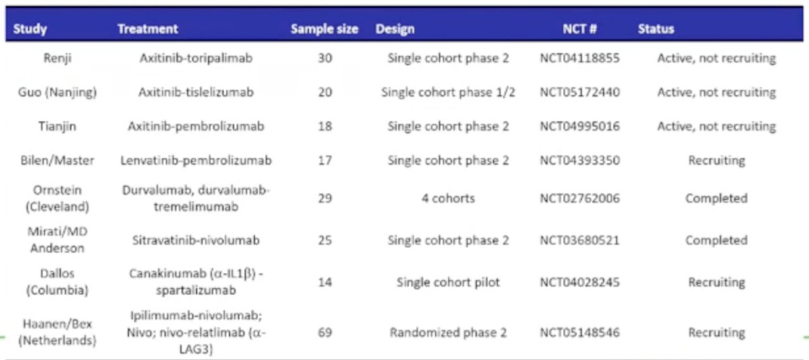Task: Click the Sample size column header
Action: (324, 29)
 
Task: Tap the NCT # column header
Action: (580, 29)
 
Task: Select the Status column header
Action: (656, 29)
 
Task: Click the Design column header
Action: (395, 29)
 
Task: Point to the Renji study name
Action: (57, 58)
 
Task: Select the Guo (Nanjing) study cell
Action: (57, 92)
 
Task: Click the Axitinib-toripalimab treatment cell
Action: (196, 58)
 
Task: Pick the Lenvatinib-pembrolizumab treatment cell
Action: (196, 160)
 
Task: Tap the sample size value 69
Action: (325, 332)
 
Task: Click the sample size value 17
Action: (325, 160)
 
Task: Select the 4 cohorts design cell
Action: (448, 198)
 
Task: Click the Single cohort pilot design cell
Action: (448, 282)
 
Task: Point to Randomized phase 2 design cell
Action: (448, 332)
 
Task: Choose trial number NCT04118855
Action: (580, 58)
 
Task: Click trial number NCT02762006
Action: (580, 198)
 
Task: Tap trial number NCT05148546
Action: (580, 332)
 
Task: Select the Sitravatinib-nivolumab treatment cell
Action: (196, 240)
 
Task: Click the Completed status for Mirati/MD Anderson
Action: (717, 240)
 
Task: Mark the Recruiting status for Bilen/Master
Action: (717, 160)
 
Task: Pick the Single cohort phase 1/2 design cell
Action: (448, 92)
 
